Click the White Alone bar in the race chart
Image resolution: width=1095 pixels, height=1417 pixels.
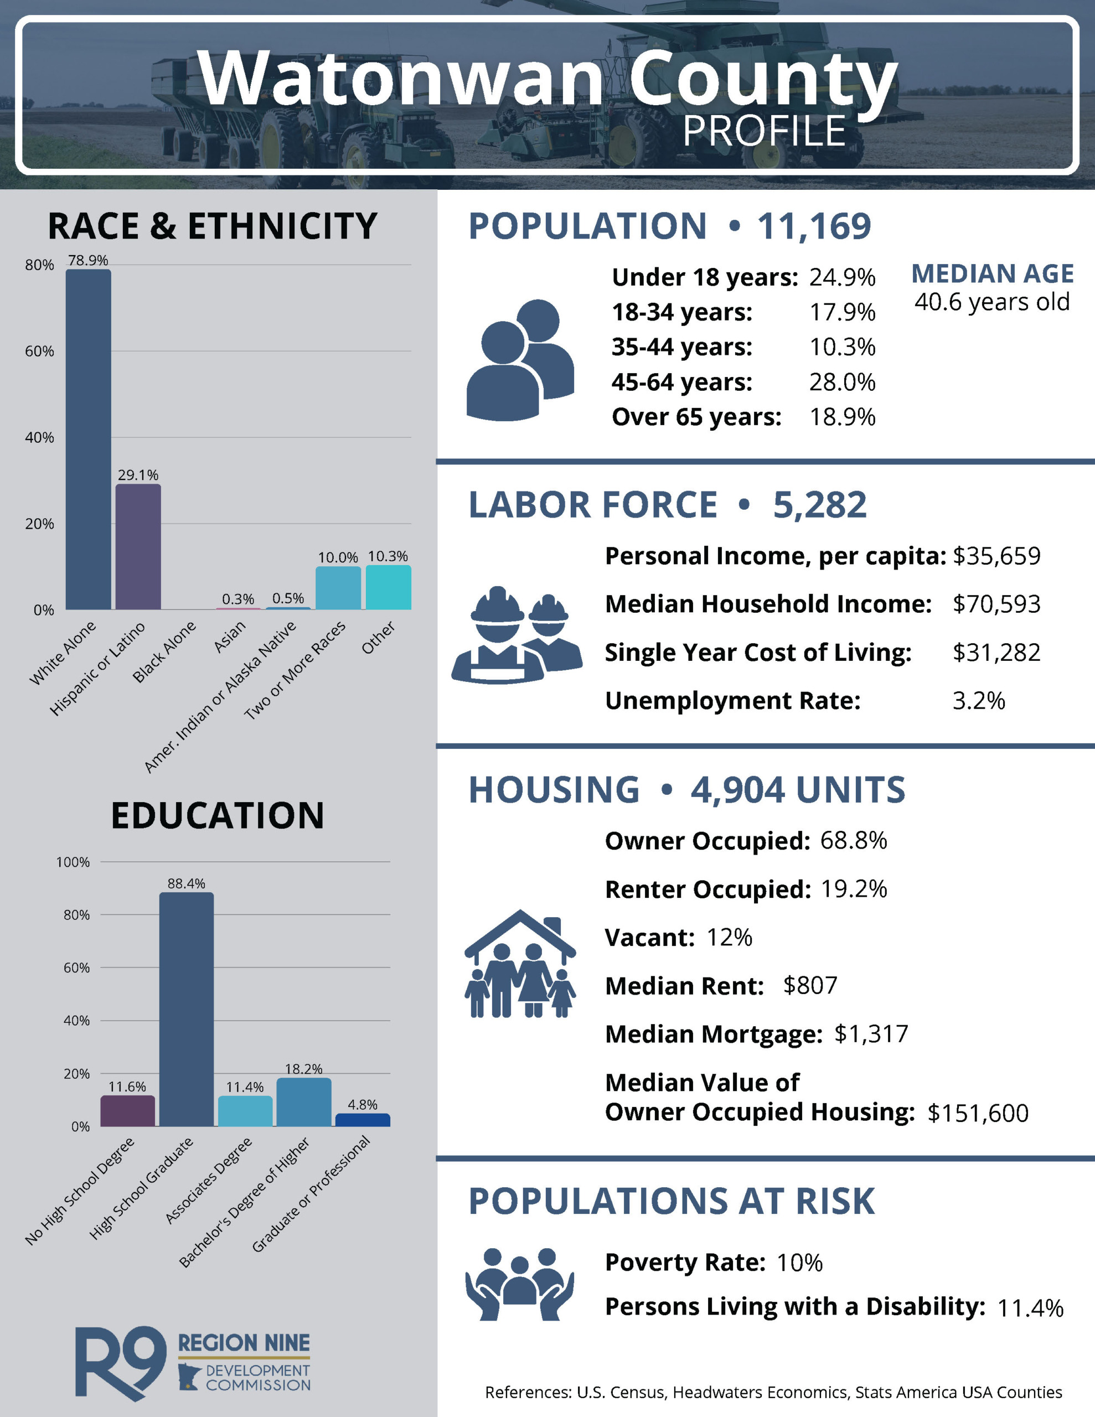(88, 439)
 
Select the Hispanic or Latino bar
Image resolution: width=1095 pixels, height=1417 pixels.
(138, 547)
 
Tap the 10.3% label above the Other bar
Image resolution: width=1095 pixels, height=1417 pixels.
(388, 556)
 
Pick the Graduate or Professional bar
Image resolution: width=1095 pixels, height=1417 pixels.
(362, 1120)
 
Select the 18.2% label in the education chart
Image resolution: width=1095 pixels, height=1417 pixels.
(304, 1069)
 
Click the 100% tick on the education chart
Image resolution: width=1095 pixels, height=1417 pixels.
(73, 862)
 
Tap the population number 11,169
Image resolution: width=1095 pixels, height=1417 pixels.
(814, 226)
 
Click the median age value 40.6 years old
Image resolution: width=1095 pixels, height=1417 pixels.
(992, 302)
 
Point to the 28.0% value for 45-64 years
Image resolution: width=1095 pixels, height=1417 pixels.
(842, 382)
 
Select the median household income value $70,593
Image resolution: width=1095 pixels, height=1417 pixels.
(996, 604)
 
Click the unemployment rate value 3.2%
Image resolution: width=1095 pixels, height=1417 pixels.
(978, 701)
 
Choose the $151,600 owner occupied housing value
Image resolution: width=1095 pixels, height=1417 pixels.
(978, 1113)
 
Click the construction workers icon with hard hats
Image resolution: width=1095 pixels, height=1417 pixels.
(516, 636)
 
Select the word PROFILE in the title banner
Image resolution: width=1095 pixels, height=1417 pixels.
(764, 132)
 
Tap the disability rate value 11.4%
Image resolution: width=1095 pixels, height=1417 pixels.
(1030, 1308)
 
